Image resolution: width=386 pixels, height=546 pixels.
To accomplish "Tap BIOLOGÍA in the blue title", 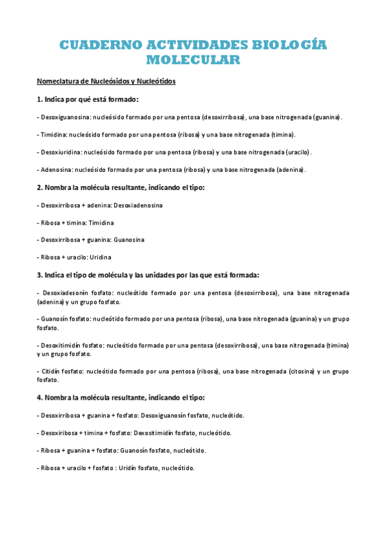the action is coord(289,45).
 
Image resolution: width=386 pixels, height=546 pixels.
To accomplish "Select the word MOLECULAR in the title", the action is coord(193,61).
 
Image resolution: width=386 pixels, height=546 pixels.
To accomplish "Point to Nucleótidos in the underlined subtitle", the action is coord(153,82).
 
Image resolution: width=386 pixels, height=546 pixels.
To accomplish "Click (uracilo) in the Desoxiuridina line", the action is coord(295,152).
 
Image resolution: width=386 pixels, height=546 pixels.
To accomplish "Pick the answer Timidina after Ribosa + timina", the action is coord(101,222).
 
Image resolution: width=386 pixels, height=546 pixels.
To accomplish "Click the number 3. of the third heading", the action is coord(40,275).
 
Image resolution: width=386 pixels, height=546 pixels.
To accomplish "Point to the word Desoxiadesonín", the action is coord(66,292).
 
